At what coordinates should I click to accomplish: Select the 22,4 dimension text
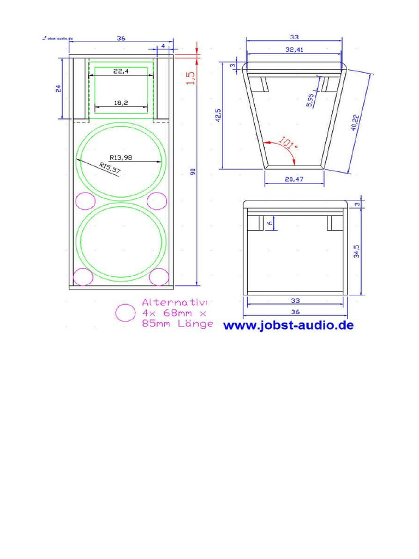[121, 71]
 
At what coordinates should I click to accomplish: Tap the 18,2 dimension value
[121, 102]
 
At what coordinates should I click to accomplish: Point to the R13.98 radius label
[121, 157]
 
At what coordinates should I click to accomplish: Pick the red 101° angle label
[287, 144]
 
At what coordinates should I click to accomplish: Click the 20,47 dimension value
[294, 179]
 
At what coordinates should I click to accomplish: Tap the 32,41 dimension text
[295, 50]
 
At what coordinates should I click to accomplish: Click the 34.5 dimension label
[357, 251]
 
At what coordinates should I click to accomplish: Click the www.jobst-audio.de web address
[289, 326]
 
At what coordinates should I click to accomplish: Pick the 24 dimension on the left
[58, 88]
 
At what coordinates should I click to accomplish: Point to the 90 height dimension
[192, 172]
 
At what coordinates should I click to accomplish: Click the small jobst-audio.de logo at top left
[57, 38]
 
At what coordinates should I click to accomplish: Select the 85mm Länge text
[177, 324]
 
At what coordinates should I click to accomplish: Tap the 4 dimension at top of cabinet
[163, 46]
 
